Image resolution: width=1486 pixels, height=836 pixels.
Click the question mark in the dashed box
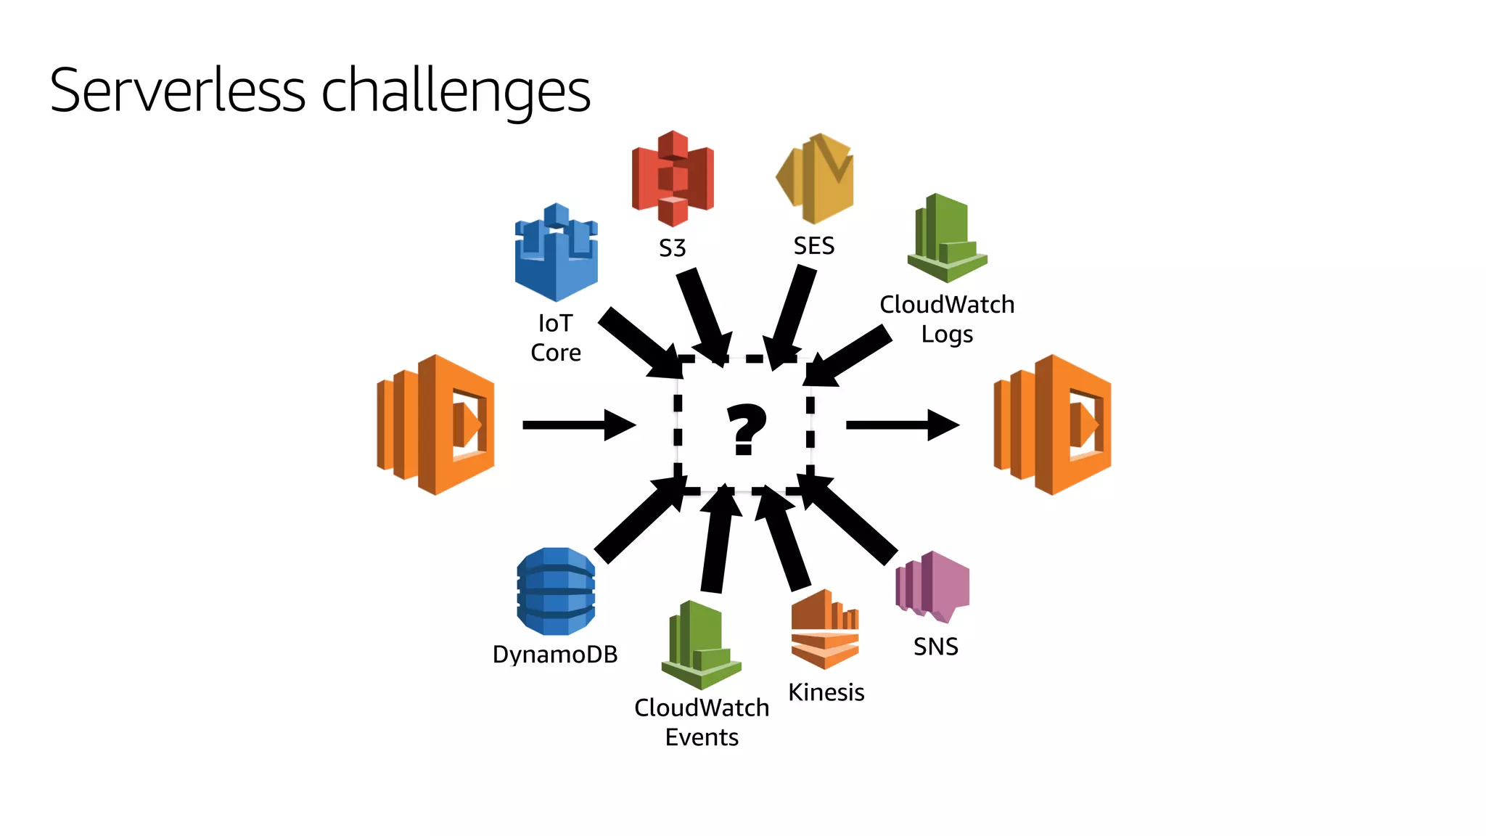click(x=745, y=429)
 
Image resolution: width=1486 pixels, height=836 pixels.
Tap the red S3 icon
click(x=673, y=179)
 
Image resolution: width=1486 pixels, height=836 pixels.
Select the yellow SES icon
click(x=816, y=179)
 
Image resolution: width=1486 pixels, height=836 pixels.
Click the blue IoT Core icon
click(x=557, y=253)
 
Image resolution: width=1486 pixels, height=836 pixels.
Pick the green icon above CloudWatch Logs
click(x=946, y=239)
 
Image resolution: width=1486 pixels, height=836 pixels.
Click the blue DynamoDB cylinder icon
click(x=556, y=591)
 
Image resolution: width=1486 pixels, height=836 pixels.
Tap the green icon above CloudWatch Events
click(x=701, y=645)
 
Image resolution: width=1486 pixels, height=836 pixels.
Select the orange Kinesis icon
click(x=825, y=629)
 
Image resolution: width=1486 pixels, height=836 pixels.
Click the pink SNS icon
click(x=933, y=587)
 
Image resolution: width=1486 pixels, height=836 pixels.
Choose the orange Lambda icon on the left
click(x=436, y=425)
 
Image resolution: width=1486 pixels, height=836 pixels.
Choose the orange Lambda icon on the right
click(x=1052, y=425)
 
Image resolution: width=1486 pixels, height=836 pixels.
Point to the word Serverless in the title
click(x=178, y=91)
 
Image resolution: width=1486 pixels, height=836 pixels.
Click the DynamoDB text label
click(x=555, y=655)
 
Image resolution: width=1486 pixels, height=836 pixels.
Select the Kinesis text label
click(x=826, y=692)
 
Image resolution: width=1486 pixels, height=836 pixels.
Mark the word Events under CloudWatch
click(x=702, y=737)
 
